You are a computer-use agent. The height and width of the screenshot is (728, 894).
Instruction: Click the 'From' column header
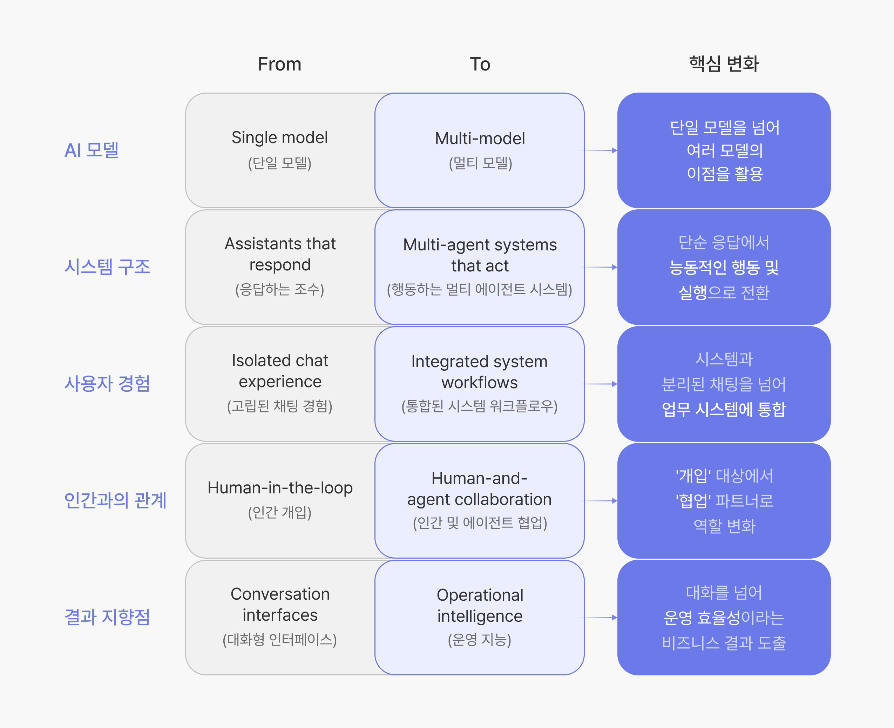[280, 64]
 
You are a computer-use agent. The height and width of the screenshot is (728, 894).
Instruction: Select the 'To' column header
[480, 64]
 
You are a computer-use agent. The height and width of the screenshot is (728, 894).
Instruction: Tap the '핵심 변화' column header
[724, 64]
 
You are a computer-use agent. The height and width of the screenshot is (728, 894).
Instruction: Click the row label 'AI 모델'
[92, 150]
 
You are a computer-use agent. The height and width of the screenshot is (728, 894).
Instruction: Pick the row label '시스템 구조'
[107, 267]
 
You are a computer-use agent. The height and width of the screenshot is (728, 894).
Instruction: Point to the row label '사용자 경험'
[107, 384]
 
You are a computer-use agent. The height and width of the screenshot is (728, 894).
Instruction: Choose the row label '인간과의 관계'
[115, 500]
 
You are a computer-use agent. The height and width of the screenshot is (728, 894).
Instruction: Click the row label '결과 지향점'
[107, 617]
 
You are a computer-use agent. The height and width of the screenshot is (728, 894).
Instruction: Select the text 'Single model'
[280, 138]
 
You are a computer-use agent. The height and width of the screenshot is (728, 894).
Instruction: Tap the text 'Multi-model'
[480, 139]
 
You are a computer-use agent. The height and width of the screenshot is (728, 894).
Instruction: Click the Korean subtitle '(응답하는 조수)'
[280, 289]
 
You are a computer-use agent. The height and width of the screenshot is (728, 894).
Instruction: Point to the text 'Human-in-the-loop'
[280, 488]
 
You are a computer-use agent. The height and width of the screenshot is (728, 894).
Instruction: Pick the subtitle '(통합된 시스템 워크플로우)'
[480, 406]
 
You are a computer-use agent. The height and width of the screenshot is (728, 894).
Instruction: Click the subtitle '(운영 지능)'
[480, 640]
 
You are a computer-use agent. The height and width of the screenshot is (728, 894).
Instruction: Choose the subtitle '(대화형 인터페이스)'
[280, 640]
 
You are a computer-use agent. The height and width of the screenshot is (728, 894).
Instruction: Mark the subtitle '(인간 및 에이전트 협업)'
[480, 523]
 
